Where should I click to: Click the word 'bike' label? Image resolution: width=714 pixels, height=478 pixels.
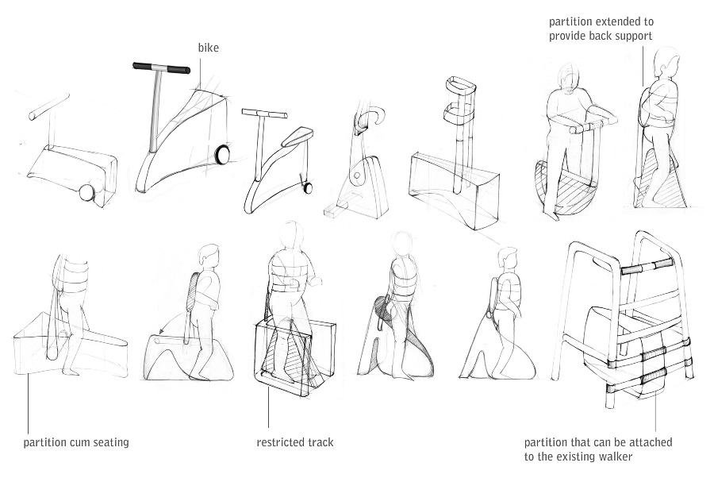tap(208, 48)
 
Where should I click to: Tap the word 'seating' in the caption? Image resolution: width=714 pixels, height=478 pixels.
tap(109, 442)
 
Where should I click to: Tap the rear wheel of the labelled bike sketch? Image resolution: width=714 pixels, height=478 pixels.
tap(223, 155)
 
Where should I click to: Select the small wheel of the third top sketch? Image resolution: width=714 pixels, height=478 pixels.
tap(305, 188)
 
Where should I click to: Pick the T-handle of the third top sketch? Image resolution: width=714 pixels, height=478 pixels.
tap(261, 115)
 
